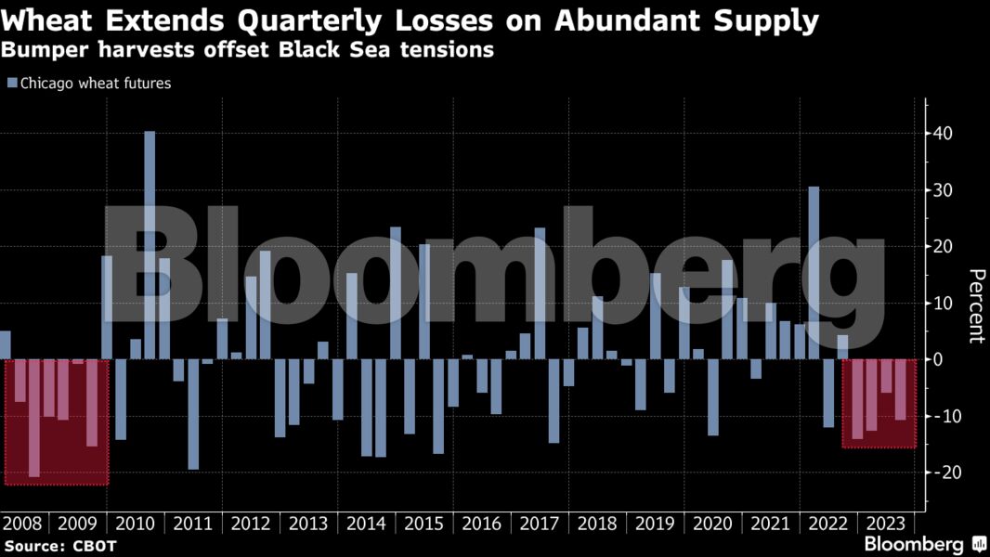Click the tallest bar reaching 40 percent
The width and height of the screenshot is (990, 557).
pos(150,245)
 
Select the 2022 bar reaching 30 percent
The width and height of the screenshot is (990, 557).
pos(814,273)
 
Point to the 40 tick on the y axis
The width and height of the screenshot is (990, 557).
pos(943,134)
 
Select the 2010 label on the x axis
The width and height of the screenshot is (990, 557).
pos(137,523)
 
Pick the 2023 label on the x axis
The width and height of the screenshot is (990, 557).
pos(885,523)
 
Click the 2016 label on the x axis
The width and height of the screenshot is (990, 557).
pos(481,523)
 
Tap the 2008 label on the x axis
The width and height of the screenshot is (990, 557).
pos(21,523)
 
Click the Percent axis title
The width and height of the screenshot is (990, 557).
pos(975,305)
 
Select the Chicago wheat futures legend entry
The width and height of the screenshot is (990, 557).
pos(89,84)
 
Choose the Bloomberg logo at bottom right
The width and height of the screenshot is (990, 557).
pos(925,544)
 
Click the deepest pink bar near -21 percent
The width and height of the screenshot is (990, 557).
pos(34,418)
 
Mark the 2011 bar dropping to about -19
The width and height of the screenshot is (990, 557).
pos(193,414)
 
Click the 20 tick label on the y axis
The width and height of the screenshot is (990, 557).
pos(943,247)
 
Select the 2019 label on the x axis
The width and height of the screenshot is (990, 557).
pos(654,523)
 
